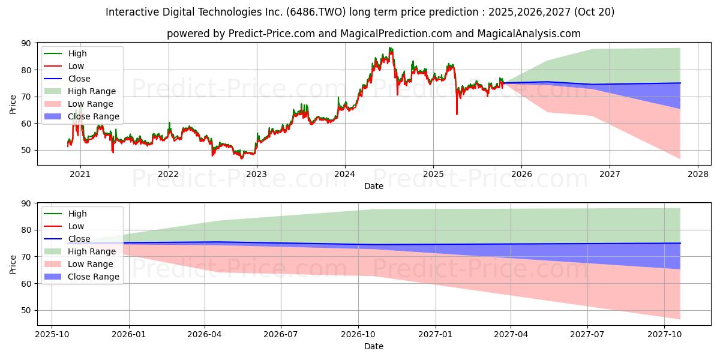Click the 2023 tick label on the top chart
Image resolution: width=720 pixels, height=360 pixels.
[257, 174]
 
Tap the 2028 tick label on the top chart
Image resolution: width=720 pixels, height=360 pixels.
[698, 174]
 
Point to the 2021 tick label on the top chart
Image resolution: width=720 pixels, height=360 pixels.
[80, 174]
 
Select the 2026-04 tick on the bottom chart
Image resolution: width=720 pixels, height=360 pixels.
[205, 334]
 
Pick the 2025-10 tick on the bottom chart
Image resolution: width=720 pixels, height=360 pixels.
[52, 334]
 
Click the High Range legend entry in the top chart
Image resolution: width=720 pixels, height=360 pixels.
[92, 91]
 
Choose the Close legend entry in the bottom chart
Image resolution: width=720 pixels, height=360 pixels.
[79, 239]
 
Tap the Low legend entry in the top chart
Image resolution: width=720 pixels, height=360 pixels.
[76, 66]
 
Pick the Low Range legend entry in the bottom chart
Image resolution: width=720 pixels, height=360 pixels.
[91, 264]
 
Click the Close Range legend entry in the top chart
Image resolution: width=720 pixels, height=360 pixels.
[94, 116]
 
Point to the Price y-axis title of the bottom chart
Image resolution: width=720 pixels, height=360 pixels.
[13, 264]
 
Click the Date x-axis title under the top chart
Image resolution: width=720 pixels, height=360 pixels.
[373, 186]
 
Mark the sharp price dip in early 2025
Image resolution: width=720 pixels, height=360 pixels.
[457, 113]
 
